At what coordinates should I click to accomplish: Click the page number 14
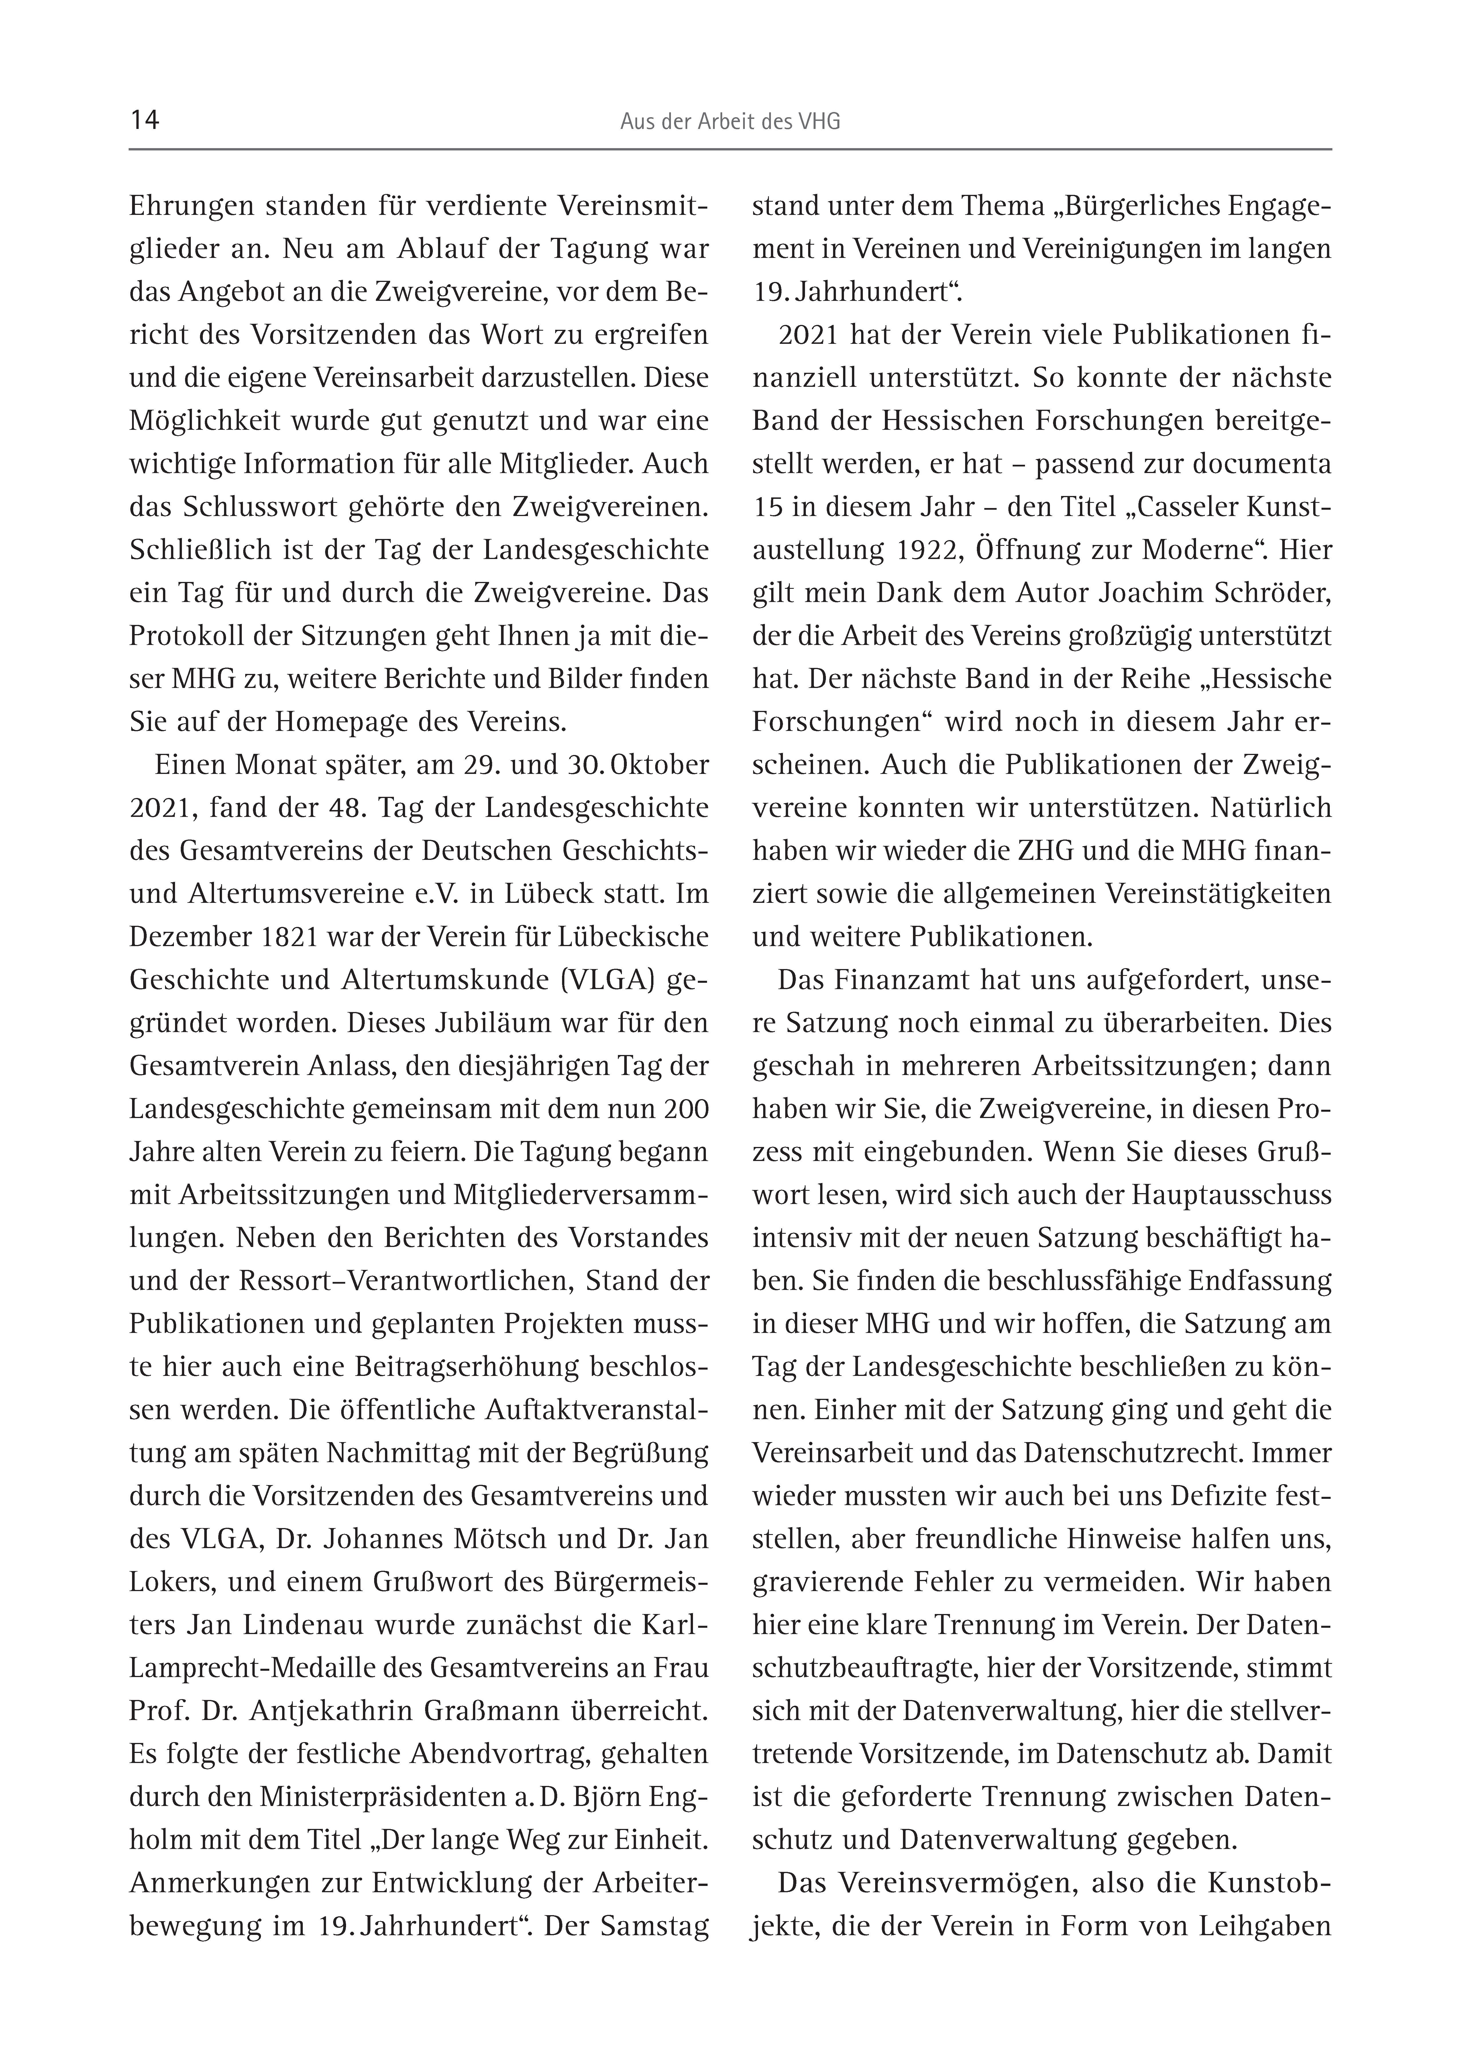coord(145,121)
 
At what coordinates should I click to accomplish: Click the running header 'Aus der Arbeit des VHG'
coord(730,122)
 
